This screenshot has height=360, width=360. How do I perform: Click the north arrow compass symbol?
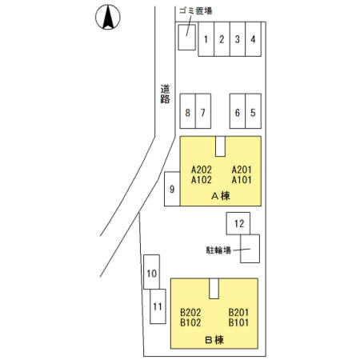coord(108,17)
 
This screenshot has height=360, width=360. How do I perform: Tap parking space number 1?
coord(206,39)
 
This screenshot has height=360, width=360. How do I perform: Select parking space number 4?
coord(253,39)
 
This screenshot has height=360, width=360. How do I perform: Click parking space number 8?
coord(188,111)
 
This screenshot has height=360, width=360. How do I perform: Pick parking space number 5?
coord(253,111)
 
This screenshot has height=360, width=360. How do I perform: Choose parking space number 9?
coord(172,189)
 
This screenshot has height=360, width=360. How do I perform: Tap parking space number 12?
coord(238,223)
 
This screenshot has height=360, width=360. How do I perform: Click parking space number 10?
coord(152,272)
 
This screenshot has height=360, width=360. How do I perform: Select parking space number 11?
coord(158,306)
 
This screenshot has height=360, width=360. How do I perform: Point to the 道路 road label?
coord(165,94)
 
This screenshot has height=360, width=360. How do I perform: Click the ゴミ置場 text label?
coord(196,11)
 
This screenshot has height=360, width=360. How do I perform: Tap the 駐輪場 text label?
coord(218,250)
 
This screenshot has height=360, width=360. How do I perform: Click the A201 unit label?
coord(242,170)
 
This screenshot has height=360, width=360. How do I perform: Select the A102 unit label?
coord(202,180)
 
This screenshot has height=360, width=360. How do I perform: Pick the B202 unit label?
coord(190,312)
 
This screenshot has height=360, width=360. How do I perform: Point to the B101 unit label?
coord(238,322)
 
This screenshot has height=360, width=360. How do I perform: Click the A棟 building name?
coord(221,196)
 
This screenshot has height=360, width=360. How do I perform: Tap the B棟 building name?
coord(214,340)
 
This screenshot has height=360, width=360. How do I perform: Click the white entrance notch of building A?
coord(221,146)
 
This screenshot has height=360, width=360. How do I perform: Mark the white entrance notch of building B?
coord(214,289)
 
